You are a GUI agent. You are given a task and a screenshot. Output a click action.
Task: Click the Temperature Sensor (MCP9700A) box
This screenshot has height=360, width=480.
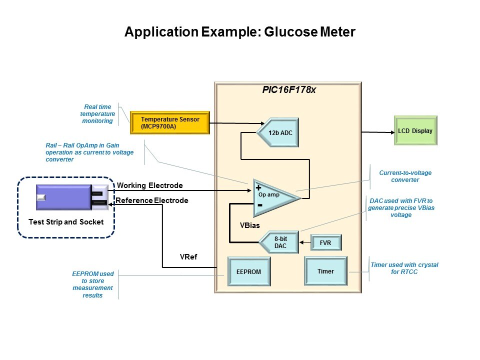click(169, 122)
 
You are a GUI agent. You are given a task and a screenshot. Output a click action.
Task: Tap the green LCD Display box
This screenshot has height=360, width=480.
click(415, 131)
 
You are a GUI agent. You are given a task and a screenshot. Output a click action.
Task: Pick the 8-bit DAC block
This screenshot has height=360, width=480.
click(280, 242)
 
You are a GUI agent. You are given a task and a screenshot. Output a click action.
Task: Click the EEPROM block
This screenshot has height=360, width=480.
click(248, 272)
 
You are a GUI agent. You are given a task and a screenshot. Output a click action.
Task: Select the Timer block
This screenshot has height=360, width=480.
click(325, 271)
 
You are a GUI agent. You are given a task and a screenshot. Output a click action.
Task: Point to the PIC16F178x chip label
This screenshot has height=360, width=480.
click(289, 90)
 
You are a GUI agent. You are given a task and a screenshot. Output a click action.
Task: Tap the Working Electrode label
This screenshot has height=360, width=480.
click(150, 185)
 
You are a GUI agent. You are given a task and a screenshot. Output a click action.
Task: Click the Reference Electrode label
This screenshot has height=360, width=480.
click(152, 200)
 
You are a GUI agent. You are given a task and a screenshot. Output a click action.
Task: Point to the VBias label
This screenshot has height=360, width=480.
click(250, 225)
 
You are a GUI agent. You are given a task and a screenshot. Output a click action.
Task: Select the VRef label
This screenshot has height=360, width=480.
click(188, 257)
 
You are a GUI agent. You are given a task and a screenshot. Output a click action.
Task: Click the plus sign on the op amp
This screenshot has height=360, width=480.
click(258, 188)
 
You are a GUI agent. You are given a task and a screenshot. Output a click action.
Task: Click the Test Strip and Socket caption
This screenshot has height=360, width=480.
click(65, 221)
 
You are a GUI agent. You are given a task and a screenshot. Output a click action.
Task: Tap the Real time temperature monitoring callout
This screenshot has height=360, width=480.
click(98, 114)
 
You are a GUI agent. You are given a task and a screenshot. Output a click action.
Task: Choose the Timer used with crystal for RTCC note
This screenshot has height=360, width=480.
click(404, 268)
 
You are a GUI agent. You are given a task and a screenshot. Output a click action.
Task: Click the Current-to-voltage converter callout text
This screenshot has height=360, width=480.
click(405, 176)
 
